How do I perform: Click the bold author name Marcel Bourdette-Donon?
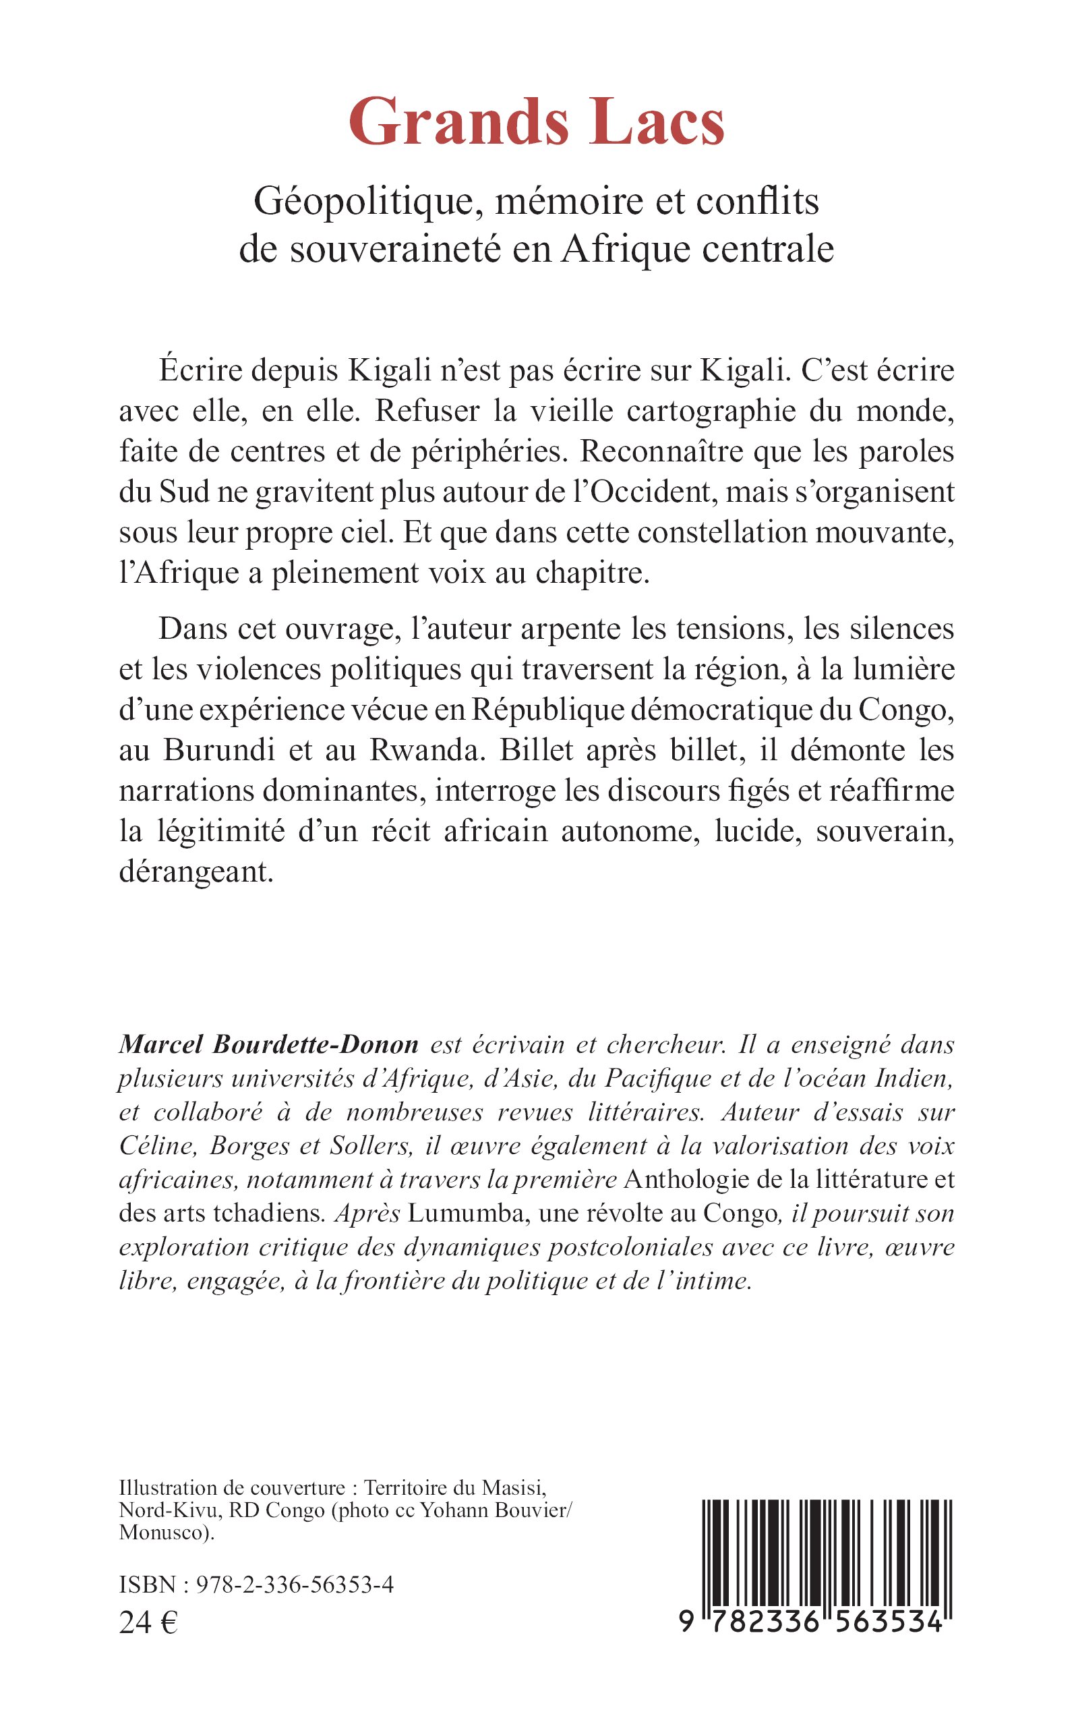268,1044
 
